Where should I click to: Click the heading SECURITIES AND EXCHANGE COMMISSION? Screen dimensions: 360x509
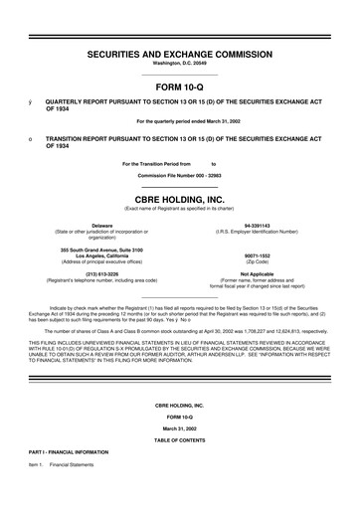tap(179, 50)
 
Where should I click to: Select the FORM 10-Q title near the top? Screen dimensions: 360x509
tap(179, 85)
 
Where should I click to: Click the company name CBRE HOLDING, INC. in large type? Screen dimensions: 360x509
tap(179, 198)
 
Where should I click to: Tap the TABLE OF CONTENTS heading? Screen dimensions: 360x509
tap(179, 467)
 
